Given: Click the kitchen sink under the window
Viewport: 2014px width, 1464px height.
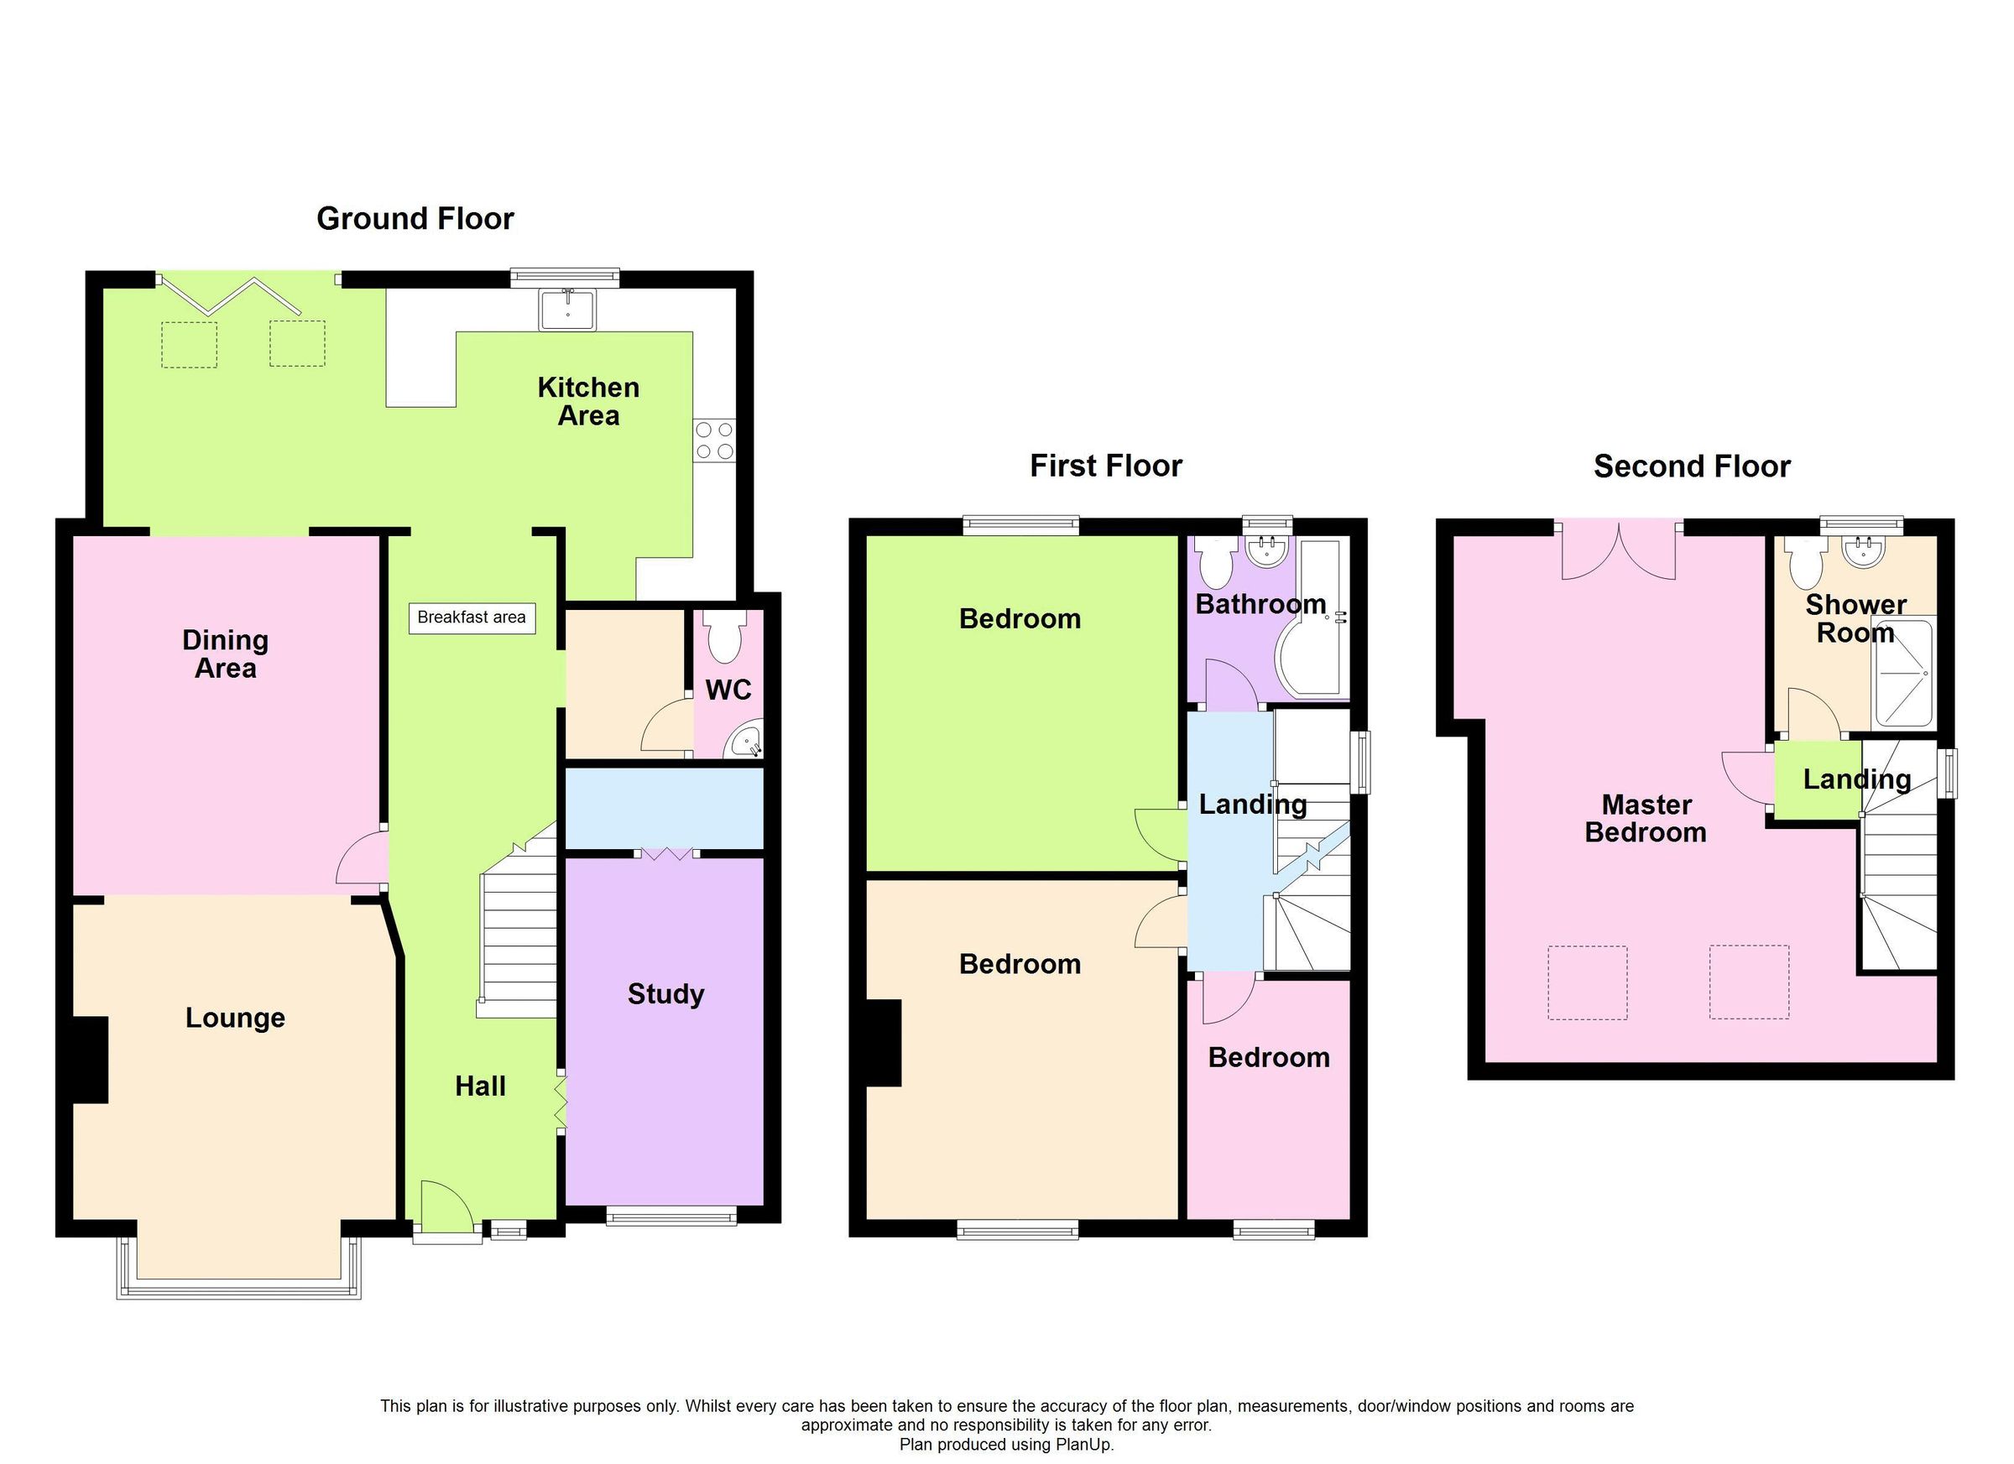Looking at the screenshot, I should pos(568,309).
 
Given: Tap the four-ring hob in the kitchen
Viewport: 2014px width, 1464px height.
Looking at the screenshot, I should pos(715,440).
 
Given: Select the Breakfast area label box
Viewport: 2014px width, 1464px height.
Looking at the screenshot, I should pos(472,617).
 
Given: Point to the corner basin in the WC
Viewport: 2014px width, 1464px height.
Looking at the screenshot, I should pos(744,742).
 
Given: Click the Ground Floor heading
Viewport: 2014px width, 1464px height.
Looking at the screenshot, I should pos(415,218).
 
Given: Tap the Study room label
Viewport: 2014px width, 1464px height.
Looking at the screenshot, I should pos(665,993).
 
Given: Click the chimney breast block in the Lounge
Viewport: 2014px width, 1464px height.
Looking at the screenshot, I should pos(90,1060).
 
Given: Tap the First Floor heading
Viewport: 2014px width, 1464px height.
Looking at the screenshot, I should pos(1105,466).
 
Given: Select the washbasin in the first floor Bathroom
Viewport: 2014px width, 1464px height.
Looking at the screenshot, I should pos(1266,552).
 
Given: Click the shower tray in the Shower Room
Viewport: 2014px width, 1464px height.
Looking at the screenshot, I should pos(1904,673).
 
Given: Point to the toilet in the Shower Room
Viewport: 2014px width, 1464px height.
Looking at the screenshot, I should pos(1805,565).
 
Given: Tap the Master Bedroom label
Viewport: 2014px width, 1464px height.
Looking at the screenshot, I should pos(1646,819).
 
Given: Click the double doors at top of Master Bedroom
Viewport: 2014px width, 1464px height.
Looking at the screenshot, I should pos(1619,550).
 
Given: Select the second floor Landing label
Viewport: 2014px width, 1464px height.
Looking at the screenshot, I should pos(1856,779).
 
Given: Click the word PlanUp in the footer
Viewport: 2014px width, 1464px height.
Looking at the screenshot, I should pos(1083,1445).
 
